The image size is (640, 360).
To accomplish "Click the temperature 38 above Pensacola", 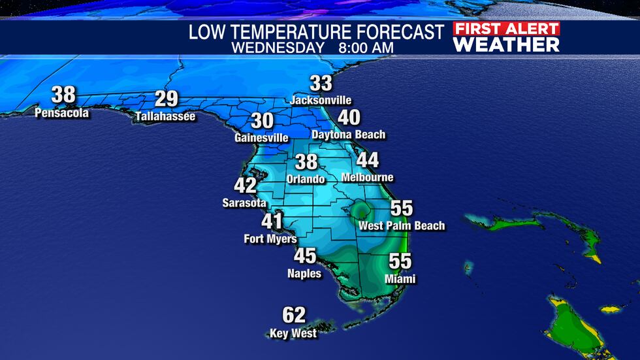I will (63, 95).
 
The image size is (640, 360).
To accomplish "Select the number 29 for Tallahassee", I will (167, 99).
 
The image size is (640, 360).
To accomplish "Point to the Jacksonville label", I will (321, 101).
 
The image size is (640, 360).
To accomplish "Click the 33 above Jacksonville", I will (321, 84).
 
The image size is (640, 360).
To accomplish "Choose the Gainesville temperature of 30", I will (263, 121).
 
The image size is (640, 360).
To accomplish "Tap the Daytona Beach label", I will (349, 135).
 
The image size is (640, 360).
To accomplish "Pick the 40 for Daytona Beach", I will (349, 118).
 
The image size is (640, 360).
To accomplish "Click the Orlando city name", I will (306, 179).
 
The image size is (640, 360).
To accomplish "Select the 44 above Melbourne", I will (368, 160).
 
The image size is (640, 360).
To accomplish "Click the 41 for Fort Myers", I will (272, 221).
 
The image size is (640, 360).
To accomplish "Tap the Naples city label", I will (304, 274).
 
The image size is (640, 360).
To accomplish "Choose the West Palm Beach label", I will (402, 226).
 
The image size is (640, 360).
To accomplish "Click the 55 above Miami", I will (400, 261).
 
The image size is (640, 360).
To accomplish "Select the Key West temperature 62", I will (294, 316).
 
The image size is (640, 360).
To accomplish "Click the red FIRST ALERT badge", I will (507, 29).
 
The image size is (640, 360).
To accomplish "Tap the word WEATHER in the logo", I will (507, 44).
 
